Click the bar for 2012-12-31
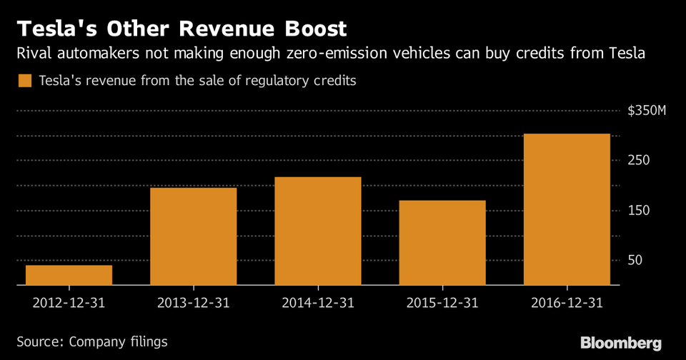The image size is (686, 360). pyautogui.click(x=69, y=275)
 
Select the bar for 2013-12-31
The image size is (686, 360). pyautogui.click(x=193, y=236)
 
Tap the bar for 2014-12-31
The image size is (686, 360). pyautogui.click(x=317, y=231)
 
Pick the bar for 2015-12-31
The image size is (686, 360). pyautogui.click(x=442, y=243)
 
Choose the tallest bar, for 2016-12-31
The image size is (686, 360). pyautogui.click(x=567, y=209)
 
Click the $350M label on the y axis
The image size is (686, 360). pyautogui.click(x=647, y=111)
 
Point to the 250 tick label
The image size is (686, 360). pyautogui.click(x=639, y=160)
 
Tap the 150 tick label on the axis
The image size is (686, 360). pyautogui.click(x=639, y=210)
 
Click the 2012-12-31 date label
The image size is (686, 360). pyautogui.click(x=69, y=302)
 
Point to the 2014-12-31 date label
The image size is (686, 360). pyautogui.click(x=317, y=302)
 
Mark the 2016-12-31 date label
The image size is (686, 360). pyautogui.click(x=567, y=302)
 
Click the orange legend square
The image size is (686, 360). pyautogui.click(x=25, y=81)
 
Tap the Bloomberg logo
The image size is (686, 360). pyautogui.click(x=621, y=342)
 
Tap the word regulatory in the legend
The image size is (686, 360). pyautogui.click(x=274, y=81)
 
